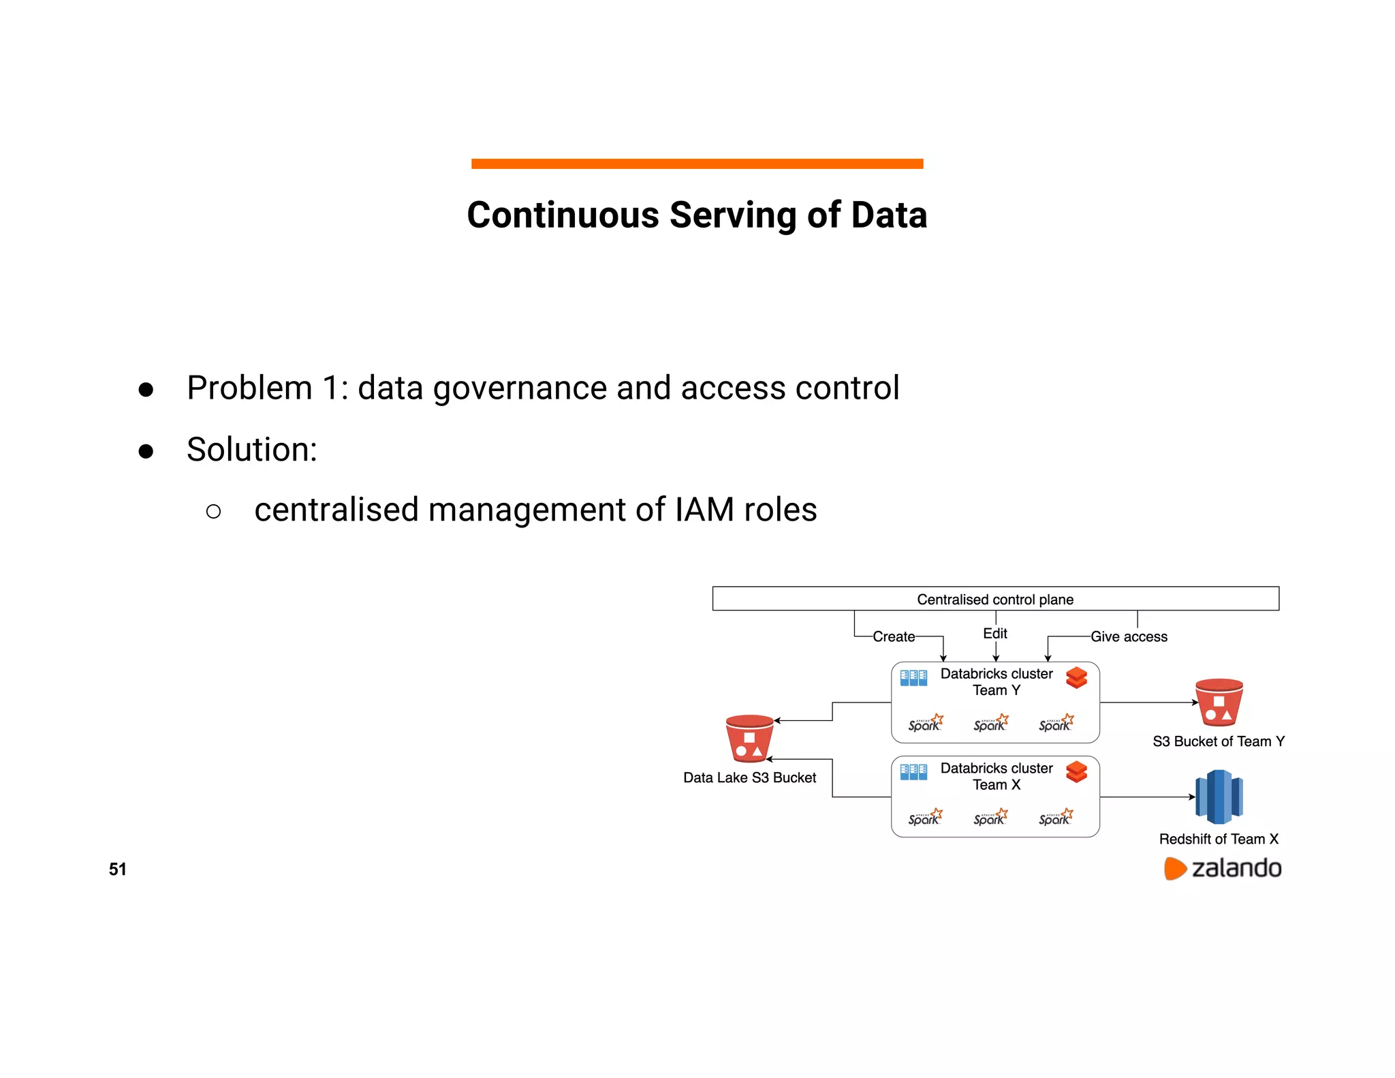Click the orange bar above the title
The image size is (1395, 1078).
[697, 164]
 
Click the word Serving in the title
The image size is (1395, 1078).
[733, 215]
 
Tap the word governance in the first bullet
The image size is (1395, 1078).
[520, 388]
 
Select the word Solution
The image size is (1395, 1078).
[251, 450]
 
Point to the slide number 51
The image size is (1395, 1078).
[117, 869]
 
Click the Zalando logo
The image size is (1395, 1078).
[1222, 868]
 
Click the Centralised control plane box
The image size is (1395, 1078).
[994, 599]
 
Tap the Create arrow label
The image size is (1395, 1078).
[894, 636]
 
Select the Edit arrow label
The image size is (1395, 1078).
[994, 633]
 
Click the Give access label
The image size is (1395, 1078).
[1129, 636]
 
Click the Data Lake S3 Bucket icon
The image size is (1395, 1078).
[749, 739]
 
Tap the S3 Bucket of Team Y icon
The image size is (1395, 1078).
[1219, 703]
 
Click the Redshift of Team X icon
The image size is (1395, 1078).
[1219, 797]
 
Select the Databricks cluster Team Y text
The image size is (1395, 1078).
[996, 681]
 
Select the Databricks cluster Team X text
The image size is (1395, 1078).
[996, 776]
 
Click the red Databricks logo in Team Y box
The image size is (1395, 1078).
[1076, 678]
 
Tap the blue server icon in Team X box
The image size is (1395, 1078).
[913, 772]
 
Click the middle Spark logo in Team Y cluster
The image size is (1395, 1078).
[990, 723]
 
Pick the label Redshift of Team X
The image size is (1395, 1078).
[1218, 839]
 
